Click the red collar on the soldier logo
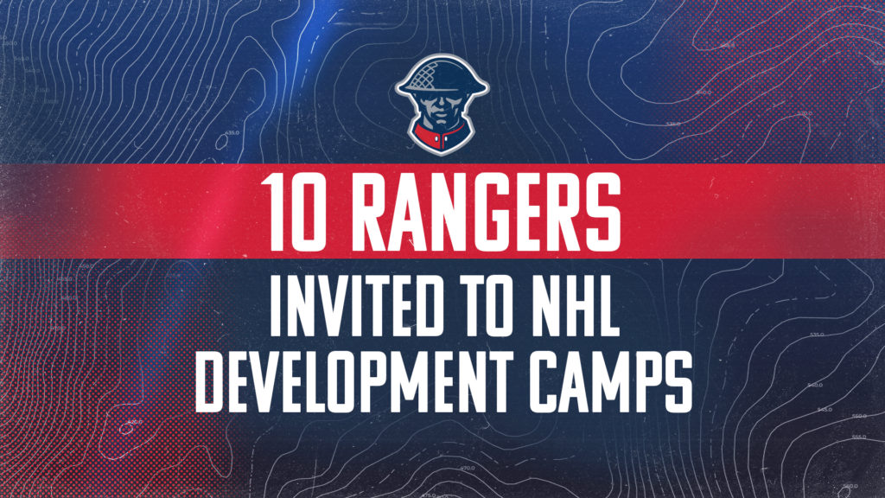442,137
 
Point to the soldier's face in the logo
442,108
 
